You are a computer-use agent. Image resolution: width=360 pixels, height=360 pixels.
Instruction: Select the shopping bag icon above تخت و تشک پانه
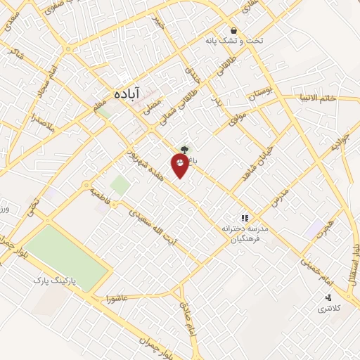(x=233, y=30)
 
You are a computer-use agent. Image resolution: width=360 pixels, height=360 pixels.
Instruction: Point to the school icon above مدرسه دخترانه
(x=245, y=219)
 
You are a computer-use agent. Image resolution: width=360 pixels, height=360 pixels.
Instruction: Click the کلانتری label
(x=328, y=309)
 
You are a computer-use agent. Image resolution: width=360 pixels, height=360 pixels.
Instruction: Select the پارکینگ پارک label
(x=58, y=281)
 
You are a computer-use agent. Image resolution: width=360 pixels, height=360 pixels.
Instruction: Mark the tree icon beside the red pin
(x=184, y=149)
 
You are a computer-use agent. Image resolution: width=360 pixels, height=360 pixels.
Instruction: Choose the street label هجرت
(x=323, y=229)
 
